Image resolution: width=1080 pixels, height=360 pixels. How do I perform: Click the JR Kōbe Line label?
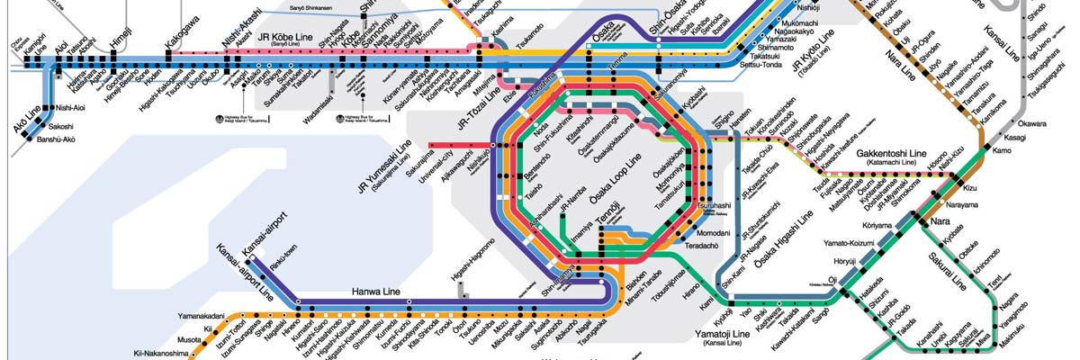coord(284,40)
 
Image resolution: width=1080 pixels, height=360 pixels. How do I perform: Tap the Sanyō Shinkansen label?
coord(309,7)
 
